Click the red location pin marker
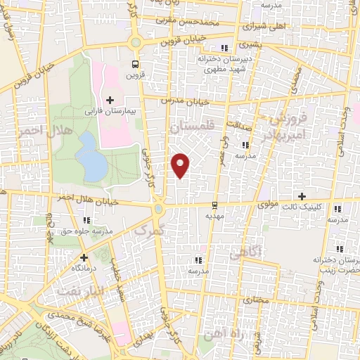pos(181,165)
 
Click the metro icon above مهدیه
pos(214,206)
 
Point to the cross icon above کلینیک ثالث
pos(302,195)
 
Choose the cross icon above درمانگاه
pos(84,258)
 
